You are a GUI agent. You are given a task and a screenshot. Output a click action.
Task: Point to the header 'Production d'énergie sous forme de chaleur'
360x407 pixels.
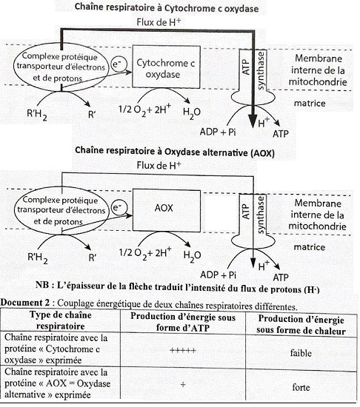302,322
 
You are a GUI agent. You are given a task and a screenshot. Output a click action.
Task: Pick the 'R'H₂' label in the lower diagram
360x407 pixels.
39,258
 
